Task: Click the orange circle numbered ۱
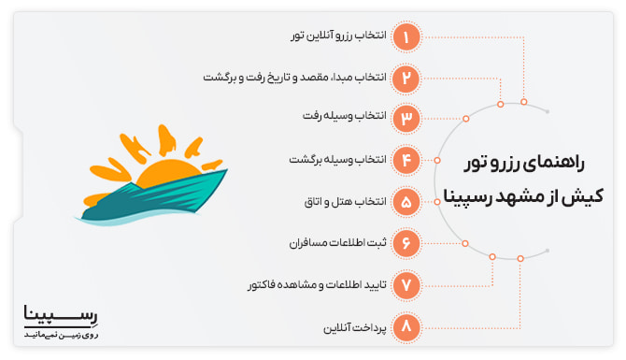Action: tap(406, 36)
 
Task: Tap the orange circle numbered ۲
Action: tap(406, 78)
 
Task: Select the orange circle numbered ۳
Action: tap(406, 119)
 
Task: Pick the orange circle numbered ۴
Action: tap(406, 160)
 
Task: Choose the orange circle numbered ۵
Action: tap(406, 201)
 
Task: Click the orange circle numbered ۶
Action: tap(406, 242)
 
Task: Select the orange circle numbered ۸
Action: tap(406, 326)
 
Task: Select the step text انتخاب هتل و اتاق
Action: tap(346, 201)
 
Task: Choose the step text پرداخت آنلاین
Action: tap(353, 326)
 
